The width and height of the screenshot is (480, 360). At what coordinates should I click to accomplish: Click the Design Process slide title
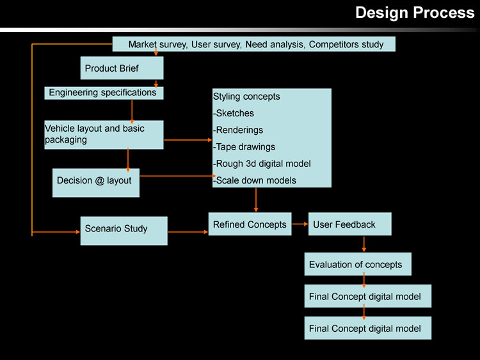pos(415,13)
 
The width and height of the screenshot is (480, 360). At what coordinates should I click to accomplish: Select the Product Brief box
pos(122,68)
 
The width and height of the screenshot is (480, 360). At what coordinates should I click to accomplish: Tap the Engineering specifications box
pos(104,93)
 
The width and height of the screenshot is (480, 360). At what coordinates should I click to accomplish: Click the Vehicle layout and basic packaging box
pos(104,134)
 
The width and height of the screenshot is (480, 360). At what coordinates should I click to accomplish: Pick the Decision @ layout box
pos(95,182)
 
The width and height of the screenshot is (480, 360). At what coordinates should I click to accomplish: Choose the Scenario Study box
pos(124,230)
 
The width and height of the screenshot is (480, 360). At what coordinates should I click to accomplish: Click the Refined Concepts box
pos(250,224)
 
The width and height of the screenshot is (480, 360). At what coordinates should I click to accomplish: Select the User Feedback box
pos(349,224)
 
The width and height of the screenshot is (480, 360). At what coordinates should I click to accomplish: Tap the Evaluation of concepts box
pos(357,264)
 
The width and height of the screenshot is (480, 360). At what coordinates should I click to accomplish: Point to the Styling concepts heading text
pos(246,97)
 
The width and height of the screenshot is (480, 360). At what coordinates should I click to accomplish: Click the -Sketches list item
pos(234,113)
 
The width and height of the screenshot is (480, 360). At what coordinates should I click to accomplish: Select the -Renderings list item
pos(238,130)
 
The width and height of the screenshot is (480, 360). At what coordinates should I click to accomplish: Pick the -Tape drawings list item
pos(244,146)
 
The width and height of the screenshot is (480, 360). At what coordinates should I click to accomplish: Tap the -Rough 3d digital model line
pos(262,163)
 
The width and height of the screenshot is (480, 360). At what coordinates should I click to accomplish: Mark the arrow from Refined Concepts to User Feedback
pos(300,224)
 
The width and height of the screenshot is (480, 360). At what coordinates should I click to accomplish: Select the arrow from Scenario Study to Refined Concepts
pos(188,231)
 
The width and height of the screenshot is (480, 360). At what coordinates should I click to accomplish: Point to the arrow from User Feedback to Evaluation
pos(364,244)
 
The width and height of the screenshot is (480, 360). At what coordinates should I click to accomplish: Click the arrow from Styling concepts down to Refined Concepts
pos(256,200)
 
